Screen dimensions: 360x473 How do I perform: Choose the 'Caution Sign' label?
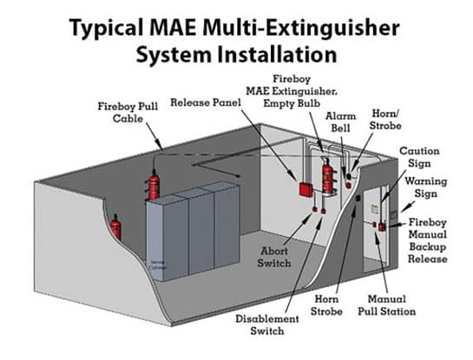point(418,157)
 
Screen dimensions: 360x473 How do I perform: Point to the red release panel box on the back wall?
point(305,187)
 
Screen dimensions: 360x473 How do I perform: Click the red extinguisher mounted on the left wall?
point(115,228)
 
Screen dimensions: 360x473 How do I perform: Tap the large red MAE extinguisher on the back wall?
point(327,177)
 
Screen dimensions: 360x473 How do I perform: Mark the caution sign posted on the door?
point(374,208)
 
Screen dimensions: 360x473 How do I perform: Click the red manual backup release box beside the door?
point(381,227)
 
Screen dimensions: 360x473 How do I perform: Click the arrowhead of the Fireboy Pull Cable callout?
point(162,150)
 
